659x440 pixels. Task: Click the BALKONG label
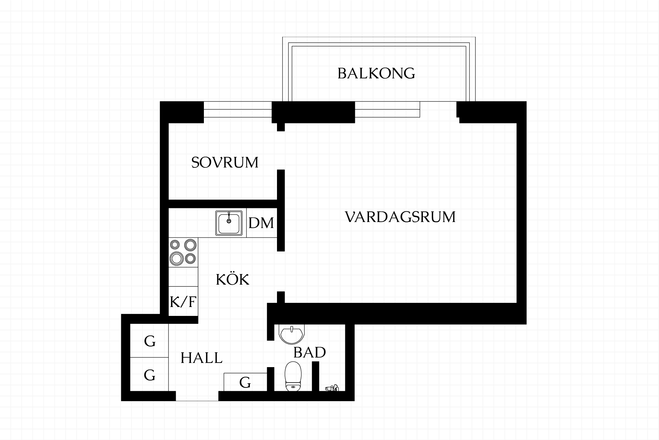(x=376, y=74)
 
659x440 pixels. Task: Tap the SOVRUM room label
(x=225, y=163)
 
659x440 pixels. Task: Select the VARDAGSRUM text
(x=400, y=217)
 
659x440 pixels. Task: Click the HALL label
(x=201, y=358)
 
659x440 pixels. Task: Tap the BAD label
(x=310, y=353)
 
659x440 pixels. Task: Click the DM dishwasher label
(x=261, y=223)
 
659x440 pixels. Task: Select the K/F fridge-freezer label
(x=183, y=302)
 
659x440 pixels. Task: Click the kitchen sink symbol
(x=229, y=223)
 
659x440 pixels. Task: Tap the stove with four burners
(x=183, y=253)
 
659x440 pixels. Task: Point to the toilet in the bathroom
(x=293, y=376)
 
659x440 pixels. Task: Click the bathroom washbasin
(x=291, y=334)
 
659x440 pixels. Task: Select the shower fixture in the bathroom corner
(x=332, y=388)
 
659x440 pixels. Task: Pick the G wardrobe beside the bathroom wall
(x=245, y=382)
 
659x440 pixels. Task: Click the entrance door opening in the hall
(x=197, y=396)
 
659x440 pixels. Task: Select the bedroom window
(x=238, y=110)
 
